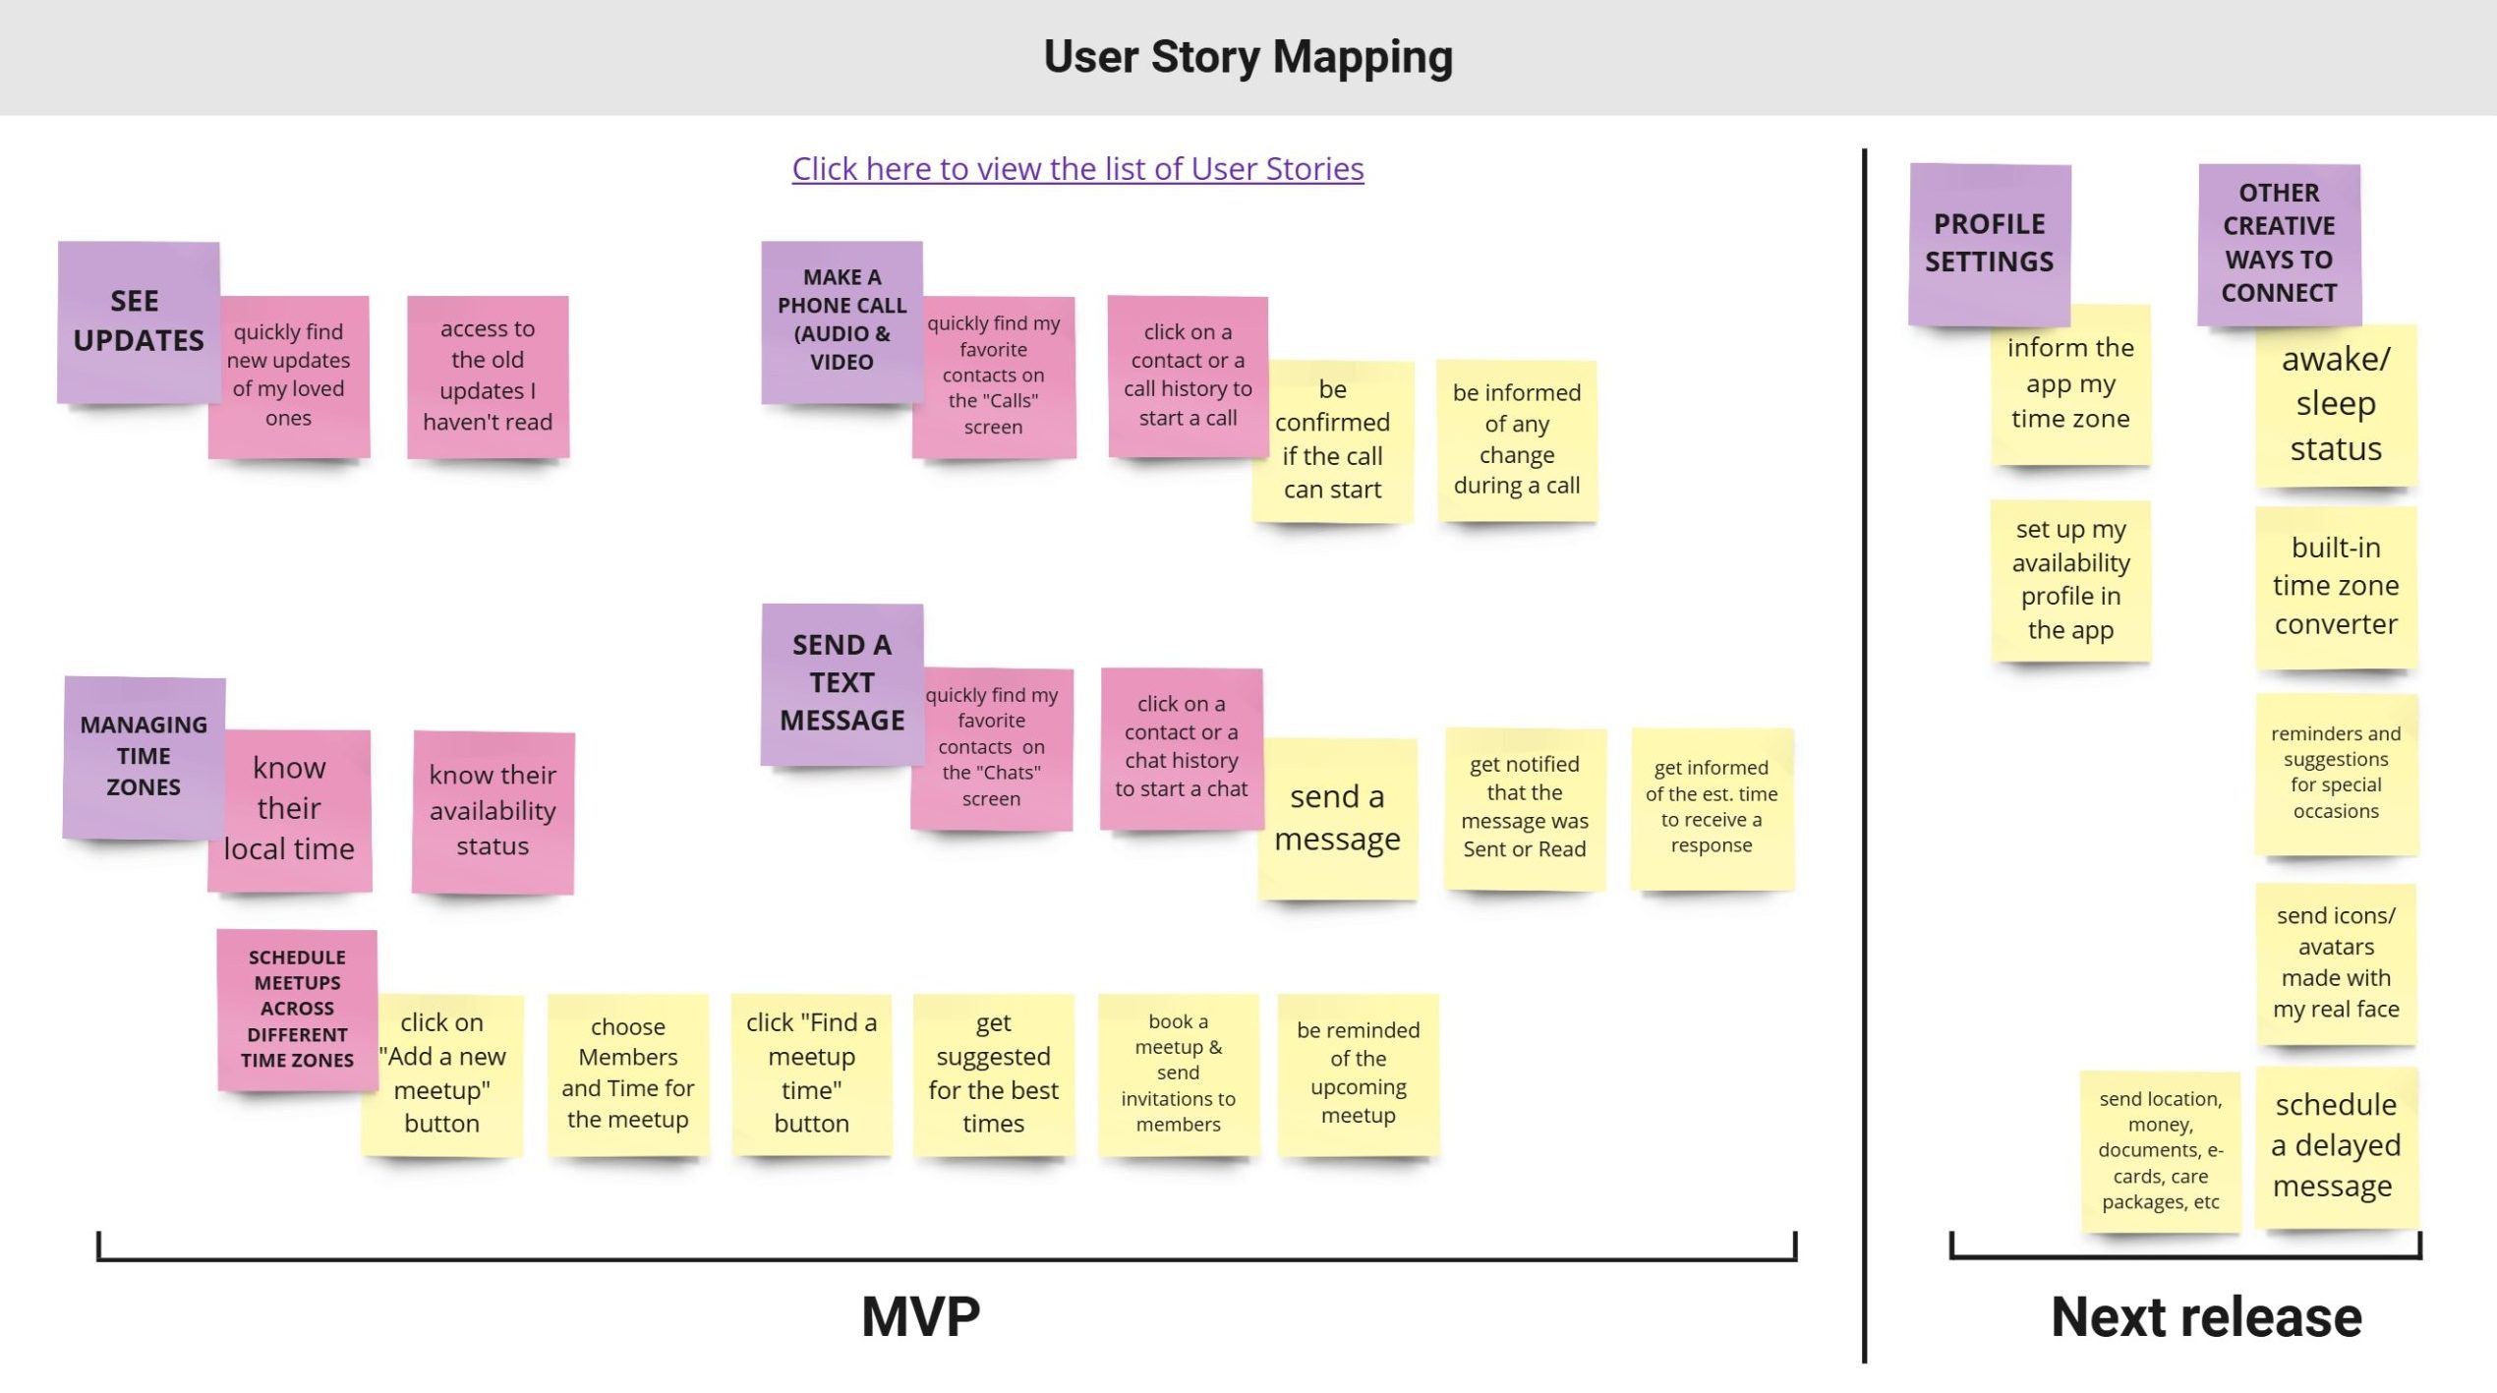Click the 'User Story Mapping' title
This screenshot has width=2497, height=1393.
tap(1248, 57)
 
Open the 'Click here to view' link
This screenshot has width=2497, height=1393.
tap(1077, 169)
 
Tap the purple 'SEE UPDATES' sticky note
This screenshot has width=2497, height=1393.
tap(138, 320)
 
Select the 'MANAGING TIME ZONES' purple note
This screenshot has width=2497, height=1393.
tap(144, 755)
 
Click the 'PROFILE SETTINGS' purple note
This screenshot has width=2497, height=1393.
tap(1989, 242)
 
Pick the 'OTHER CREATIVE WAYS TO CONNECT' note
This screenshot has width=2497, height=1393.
tap(2279, 242)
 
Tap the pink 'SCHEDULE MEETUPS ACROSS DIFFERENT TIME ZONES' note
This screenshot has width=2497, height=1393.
tap(297, 1009)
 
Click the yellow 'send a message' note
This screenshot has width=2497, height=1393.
tap(1337, 818)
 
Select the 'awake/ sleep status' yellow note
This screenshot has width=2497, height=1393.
tap(2336, 404)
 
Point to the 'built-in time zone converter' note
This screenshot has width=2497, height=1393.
tap(2336, 586)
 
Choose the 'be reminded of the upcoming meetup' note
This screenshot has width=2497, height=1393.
tap(1358, 1073)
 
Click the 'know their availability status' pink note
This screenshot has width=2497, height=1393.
tap(493, 811)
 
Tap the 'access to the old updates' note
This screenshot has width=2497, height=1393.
tap(488, 376)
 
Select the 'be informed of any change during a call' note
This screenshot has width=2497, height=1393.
tap(1516, 439)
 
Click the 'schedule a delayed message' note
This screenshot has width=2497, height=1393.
tap(2336, 1145)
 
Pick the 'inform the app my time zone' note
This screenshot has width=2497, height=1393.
tap(2070, 383)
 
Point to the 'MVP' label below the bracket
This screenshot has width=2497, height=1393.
tap(920, 1316)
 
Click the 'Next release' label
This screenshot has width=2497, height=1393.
tap(2206, 1316)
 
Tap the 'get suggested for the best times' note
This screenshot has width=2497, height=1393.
tap(993, 1073)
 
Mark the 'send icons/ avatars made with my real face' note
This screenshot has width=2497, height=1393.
tap(2336, 961)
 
